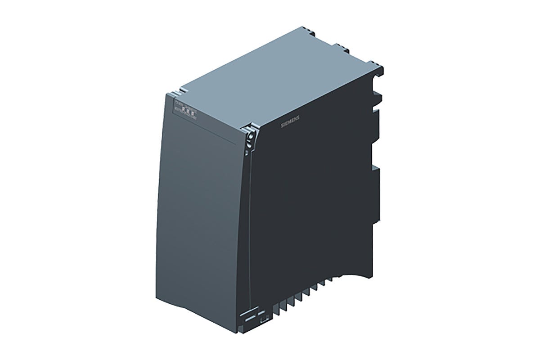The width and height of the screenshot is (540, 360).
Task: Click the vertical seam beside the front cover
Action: pos(249,225)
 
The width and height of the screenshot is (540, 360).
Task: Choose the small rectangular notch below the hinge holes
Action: pos(246,153)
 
